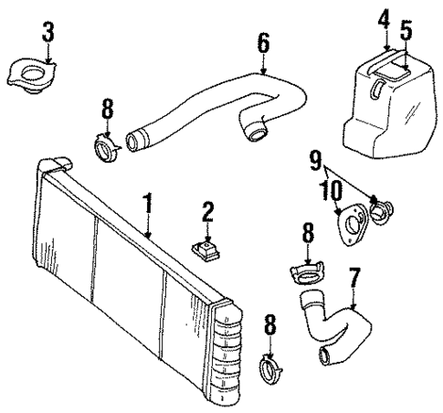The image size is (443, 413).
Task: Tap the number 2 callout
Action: click(207, 213)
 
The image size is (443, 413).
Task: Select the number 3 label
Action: click(47, 32)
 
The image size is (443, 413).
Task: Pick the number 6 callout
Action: click(263, 41)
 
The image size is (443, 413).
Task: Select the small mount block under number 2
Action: click(207, 249)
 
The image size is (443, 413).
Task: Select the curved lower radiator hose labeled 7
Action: click(333, 324)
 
